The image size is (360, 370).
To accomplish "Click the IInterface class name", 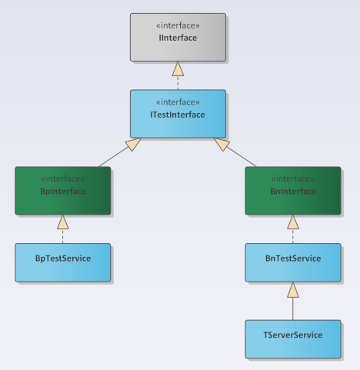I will tap(178, 37).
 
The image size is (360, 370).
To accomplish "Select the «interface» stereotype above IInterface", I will tap(178, 25).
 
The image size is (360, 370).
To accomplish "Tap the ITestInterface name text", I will tap(178, 114).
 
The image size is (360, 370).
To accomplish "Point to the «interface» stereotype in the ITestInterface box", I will tap(178, 102).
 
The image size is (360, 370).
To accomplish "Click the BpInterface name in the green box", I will tap(62, 191).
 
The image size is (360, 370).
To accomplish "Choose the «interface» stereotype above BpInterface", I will tap(62, 178).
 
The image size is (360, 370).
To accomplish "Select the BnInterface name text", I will tap(292, 191).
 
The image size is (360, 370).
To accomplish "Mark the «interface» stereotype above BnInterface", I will tap(292, 178).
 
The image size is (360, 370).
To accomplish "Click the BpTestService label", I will tap(62, 258).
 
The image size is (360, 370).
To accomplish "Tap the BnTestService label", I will tap(292, 258).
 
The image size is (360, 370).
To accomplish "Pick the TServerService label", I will tap(292, 335).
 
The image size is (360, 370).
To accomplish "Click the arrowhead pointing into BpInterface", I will tap(62, 222).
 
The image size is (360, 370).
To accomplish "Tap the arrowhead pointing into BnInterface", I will tap(292, 222).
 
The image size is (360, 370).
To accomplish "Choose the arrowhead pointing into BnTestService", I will tap(292, 289).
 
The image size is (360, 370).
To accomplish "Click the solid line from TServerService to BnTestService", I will tap(292, 308).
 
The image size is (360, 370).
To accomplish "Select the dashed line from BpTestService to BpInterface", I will tap(62, 236).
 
